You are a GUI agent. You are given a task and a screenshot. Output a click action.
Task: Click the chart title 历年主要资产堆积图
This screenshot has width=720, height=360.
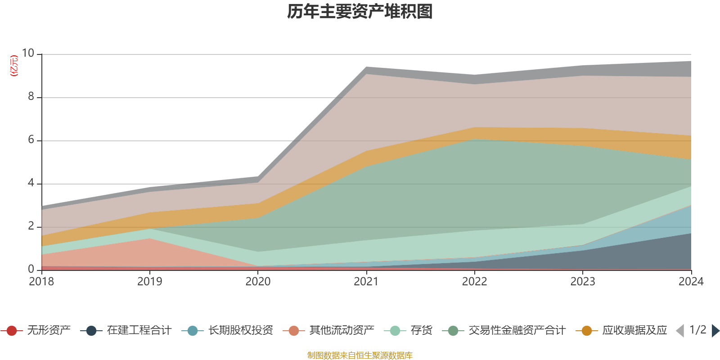tap(360, 12)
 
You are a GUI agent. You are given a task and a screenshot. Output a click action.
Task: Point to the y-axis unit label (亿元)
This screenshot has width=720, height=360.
tap(14, 66)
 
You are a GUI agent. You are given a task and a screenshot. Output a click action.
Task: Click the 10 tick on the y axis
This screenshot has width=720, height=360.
tap(28, 54)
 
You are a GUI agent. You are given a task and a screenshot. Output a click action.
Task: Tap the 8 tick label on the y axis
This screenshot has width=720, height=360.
tap(31, 97)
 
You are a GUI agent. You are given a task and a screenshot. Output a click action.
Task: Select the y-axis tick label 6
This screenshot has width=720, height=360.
tap(31, 140)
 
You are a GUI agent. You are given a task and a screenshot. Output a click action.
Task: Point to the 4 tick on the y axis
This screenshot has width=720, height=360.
tap(31, 183)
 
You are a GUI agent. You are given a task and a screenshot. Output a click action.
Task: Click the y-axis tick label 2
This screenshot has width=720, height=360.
tap(31, 226)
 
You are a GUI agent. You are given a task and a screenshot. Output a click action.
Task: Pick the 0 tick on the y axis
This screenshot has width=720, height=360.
tap(31, 270)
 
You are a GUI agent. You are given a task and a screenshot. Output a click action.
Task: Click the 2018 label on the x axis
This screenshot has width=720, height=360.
tap(41, 282)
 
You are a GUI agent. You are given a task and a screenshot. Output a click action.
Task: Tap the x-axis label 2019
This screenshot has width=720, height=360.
tap(149, 282)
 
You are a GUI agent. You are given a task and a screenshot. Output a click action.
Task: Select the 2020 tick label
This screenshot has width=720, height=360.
tap(258, 282)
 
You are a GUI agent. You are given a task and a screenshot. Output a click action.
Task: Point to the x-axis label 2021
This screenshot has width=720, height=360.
tap(366, 282)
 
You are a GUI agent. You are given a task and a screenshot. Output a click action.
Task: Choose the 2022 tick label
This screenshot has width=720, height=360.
tap(474, 282)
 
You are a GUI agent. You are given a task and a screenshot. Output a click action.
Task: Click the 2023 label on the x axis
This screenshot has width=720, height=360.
tap(583, 282)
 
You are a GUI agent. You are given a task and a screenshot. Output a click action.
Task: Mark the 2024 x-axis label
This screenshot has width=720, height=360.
tap(691, 282)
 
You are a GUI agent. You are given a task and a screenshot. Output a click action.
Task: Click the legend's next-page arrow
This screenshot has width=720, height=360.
tap(715, 331)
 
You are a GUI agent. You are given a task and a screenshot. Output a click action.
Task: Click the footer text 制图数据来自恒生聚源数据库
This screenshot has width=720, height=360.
tap(360, 355)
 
